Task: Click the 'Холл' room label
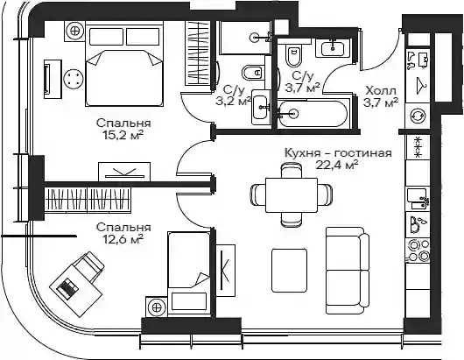381,90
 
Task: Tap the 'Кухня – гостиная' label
338,153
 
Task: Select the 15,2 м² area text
123,135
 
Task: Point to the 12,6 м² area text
123,238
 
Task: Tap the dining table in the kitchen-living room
292,195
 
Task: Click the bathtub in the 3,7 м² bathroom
313,114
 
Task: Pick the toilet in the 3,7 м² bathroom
293,56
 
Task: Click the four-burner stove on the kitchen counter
418,251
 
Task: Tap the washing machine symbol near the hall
418,115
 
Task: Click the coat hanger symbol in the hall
421,86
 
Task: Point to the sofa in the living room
348,271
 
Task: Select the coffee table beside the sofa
289,271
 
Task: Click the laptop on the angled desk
67,287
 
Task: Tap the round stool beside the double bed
73,79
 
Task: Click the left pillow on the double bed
107,37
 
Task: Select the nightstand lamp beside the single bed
157,307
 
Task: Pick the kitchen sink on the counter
418,199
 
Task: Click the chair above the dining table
292,171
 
